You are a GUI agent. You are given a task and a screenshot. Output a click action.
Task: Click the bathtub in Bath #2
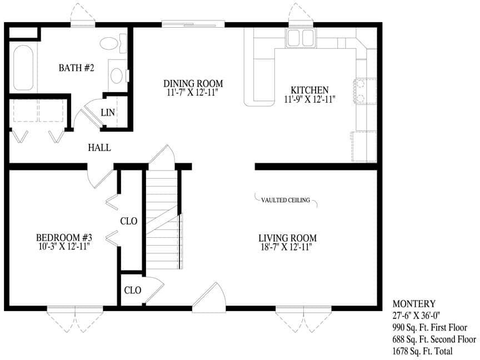(x=23, y=68)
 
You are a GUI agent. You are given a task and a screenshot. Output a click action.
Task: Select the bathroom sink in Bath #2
(x=117, y=75)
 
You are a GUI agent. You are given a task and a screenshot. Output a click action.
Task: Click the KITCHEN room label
(x=309, y=90)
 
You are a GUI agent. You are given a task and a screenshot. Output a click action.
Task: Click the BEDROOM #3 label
(x=61, y=237)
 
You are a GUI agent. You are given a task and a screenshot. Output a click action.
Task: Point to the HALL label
(x=99, y=148)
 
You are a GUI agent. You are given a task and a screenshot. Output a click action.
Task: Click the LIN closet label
(x=108, y=113)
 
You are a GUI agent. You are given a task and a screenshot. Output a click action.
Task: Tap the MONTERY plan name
(x=414, y=304)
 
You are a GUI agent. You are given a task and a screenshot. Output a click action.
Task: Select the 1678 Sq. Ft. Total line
(x=422, y=351)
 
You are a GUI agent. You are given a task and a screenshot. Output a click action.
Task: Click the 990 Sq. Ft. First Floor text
(x=429, y=328)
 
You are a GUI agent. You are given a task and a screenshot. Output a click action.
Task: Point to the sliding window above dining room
(x=193, y=23)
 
